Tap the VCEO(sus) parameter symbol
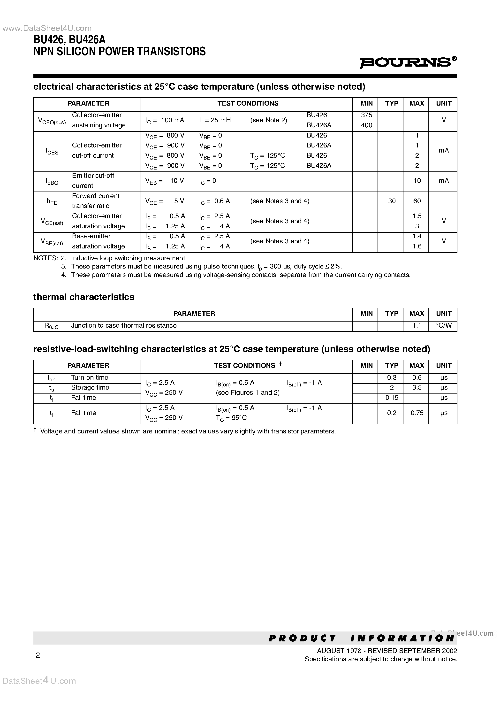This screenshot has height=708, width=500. point(52,121)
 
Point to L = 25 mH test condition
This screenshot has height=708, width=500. point(215,120)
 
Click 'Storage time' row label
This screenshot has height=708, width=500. point(90,388)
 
